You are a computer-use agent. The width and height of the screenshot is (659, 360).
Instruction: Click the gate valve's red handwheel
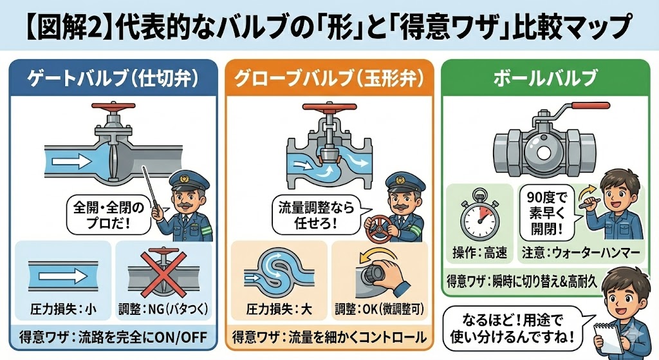114,106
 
